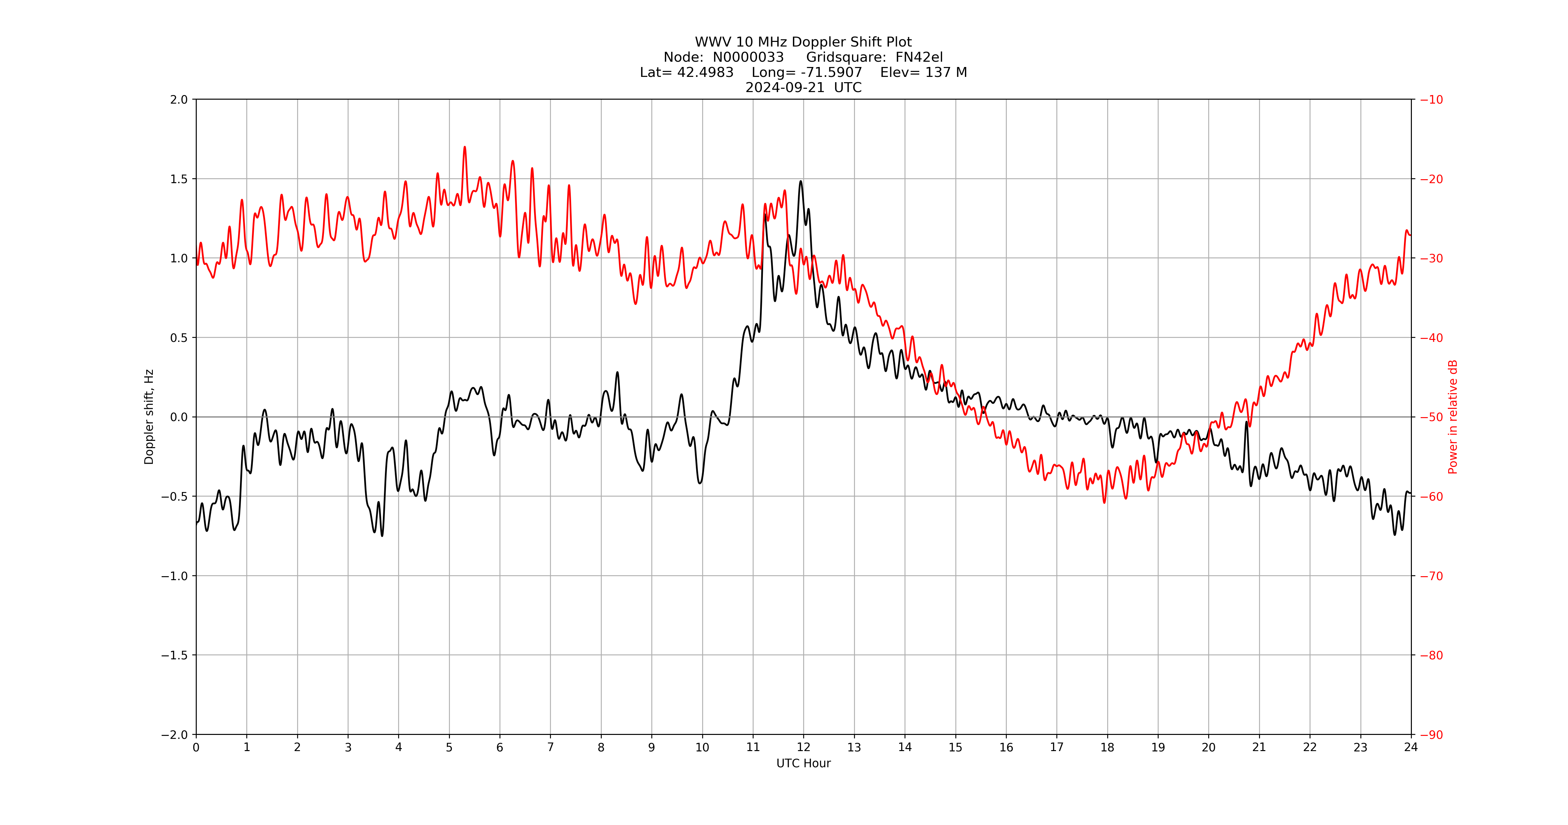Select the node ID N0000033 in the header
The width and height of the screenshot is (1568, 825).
748,57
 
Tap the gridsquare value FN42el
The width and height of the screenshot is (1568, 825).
919,57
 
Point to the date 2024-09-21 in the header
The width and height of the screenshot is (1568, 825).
785,87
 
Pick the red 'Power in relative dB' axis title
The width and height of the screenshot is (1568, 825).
1453,417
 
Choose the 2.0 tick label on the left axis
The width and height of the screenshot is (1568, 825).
179,100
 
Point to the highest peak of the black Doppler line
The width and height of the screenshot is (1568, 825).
801,181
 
